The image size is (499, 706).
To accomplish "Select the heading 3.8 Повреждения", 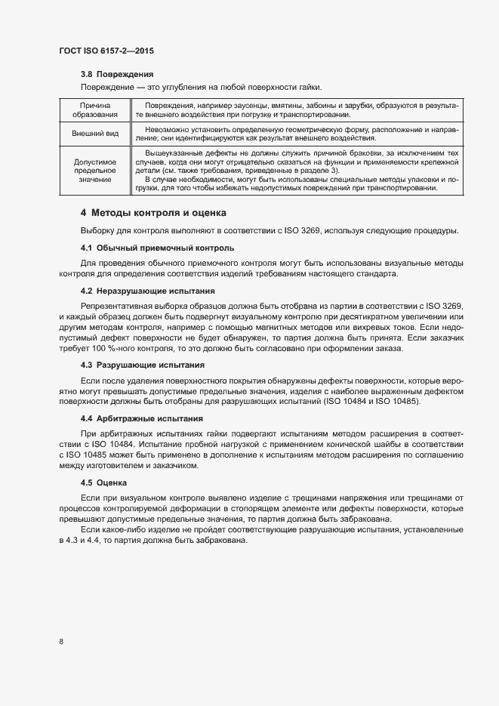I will pyautogui.click(x=117, y=75).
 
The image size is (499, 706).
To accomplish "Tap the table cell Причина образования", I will pyautogui.click(x=94, y=109).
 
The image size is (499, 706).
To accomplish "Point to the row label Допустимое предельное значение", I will pyautogui.click(x=94, y=171).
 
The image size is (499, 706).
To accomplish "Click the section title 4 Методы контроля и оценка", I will pyautogui.click(x=153, y=214).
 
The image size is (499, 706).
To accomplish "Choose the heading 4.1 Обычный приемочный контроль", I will pyautogui.click(x=157, y=248).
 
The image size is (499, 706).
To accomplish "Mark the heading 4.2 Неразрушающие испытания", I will pyautogui.click(x=148, y=291).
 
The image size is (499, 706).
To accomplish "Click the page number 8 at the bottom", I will pyautogui.click(x=60, y=641).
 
